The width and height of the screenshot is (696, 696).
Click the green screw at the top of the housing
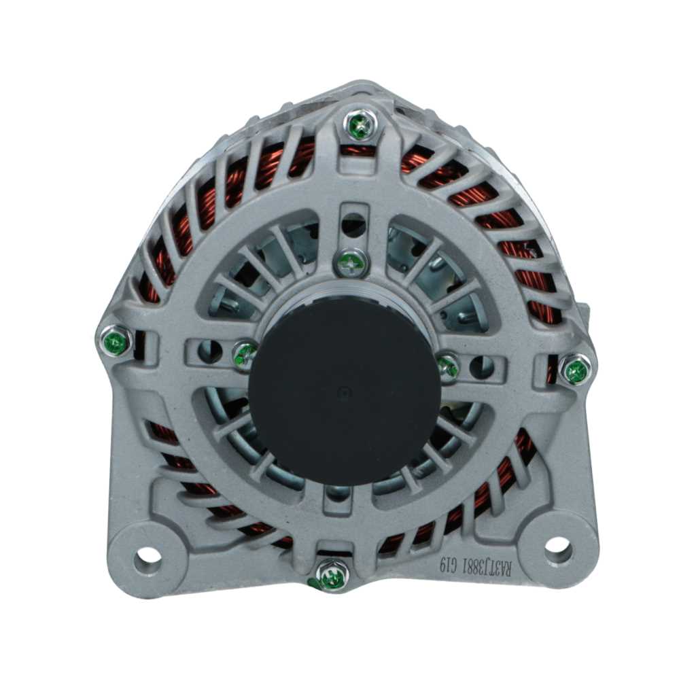coord(360,125)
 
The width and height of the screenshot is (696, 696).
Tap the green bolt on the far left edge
coord(116,342)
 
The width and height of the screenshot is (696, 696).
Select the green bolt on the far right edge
coord(577,370)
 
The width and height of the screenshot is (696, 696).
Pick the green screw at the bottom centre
coord(332,577)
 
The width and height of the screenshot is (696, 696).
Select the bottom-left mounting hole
coord(147,555)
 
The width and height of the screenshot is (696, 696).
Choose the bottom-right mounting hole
coord(557,546)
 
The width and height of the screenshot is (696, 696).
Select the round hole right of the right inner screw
coord(481,366)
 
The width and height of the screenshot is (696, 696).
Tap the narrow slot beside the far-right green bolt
coord(551,370)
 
